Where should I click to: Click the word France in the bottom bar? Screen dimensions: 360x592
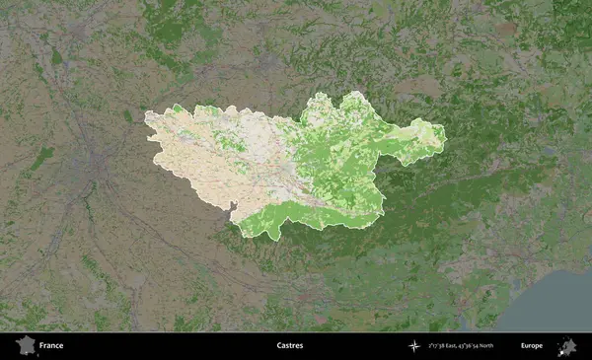coord(51,346)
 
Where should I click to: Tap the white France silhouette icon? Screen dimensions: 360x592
coord(25,345)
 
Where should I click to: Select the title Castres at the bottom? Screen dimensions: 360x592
coord(290,346)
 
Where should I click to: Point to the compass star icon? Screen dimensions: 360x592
coord(415,346)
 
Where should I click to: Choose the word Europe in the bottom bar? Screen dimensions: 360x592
coord(532,346)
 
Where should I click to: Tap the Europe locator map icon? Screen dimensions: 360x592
coord(567,345)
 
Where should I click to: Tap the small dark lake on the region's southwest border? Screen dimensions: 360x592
coord(232,207)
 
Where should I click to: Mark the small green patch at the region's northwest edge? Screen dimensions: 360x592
coord(178,109)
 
